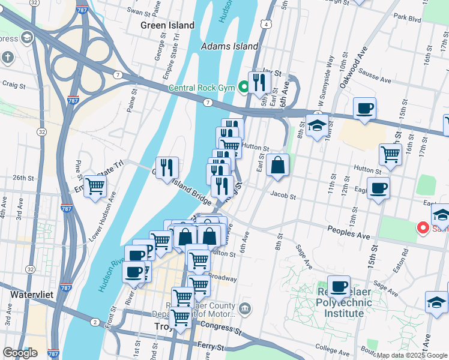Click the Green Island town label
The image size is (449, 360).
167,25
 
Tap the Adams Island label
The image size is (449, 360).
230,46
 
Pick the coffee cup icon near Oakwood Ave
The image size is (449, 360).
364,109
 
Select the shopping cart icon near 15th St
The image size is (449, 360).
390,154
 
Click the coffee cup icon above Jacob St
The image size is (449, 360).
378,188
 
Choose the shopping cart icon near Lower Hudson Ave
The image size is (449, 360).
95,187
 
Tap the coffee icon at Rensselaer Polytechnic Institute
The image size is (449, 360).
339,287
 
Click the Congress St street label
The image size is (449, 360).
221,329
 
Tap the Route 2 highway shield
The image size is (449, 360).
95,322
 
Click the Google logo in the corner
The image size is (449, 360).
20,353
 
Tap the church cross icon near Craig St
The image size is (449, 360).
7,58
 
